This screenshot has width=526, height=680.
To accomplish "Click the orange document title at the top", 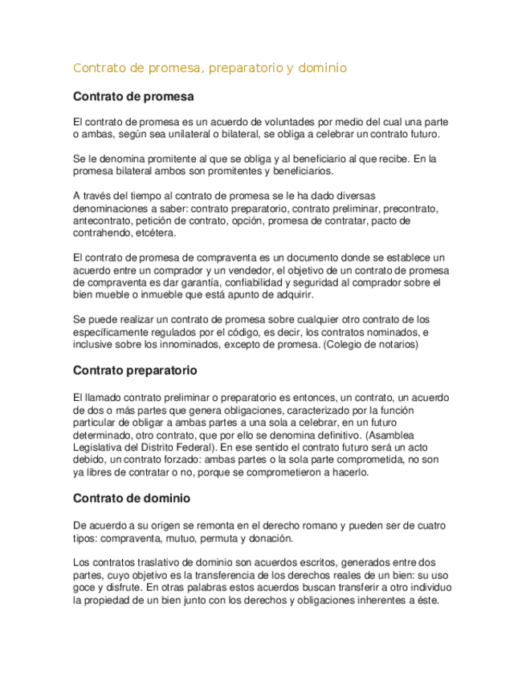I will [210, 68].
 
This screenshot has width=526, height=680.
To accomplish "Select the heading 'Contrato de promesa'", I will [133, 97].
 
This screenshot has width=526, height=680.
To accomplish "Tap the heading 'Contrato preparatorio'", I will [135, 371].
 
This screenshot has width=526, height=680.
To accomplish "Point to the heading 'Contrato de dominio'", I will [132, 498].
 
